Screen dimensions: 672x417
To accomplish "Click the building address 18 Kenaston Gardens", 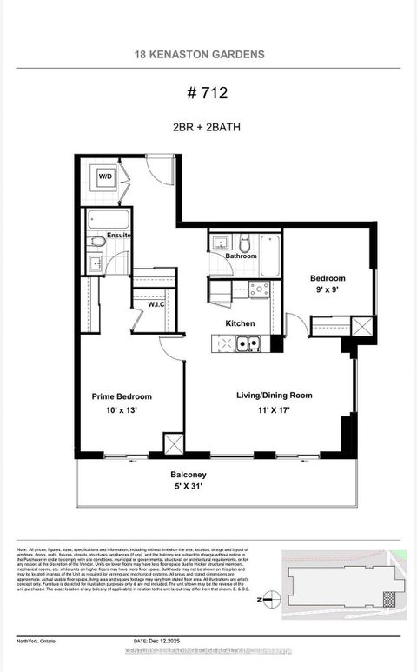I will [x=200, y=54].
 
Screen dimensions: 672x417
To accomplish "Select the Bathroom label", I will [x=241, y=256].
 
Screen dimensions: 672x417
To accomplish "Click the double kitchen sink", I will [x=248, y=344].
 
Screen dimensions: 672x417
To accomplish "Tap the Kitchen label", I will [x=240, y=323].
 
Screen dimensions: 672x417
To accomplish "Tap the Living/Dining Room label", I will [x=274, y=396].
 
